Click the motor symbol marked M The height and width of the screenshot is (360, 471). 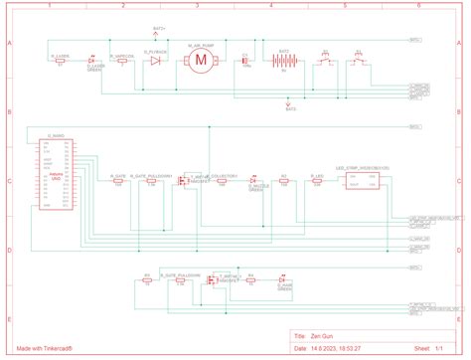(200, 62)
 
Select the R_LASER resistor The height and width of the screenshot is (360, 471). (62, 61)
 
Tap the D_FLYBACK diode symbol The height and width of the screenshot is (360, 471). (155, 61)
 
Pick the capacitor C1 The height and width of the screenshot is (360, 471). (245, 61)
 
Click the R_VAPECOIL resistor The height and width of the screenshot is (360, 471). (124, 61)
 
